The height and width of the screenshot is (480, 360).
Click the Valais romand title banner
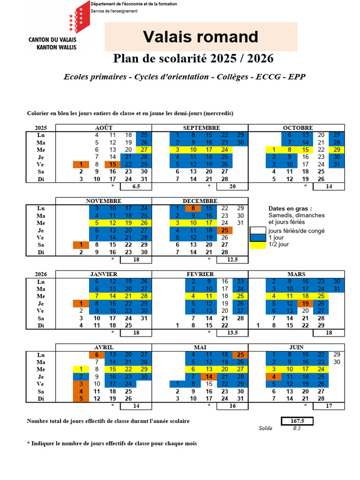(201, 37)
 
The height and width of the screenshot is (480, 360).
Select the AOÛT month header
(104, 127)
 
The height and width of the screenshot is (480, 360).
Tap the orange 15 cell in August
(112, 165)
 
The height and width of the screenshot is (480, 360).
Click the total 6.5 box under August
(135, 186)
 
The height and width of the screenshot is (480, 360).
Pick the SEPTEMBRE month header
(202, 127)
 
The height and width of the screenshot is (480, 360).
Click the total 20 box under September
(232, 186)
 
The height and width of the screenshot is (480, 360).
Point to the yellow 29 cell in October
(337, 150)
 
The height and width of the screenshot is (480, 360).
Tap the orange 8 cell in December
(193, 208)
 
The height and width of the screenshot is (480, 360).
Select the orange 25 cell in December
(225, 230)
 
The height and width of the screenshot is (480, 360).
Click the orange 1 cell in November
(81, 245)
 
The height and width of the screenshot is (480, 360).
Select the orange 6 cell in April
(96, 355)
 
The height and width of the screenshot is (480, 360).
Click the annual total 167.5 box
(297, 421)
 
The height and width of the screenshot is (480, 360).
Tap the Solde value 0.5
(297, 428)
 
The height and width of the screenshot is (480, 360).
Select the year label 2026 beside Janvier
(41, 274)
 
